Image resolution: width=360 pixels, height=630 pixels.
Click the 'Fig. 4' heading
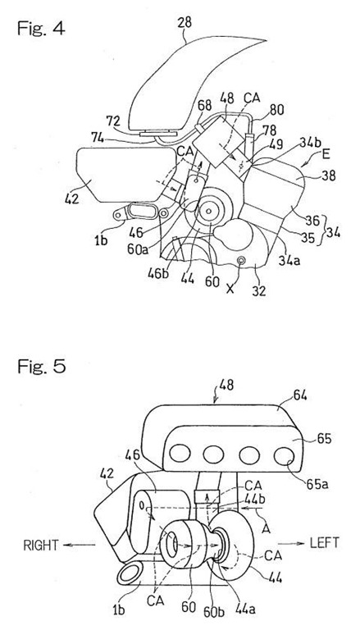point(40,28)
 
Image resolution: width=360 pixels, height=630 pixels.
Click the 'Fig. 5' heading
point(41,367)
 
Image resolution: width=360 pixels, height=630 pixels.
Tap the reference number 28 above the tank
point(184,22)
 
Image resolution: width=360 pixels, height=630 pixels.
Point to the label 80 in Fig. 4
point(276,110)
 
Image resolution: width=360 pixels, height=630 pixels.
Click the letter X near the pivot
point(230,289)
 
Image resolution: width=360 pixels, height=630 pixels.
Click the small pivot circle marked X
point(241,262)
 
